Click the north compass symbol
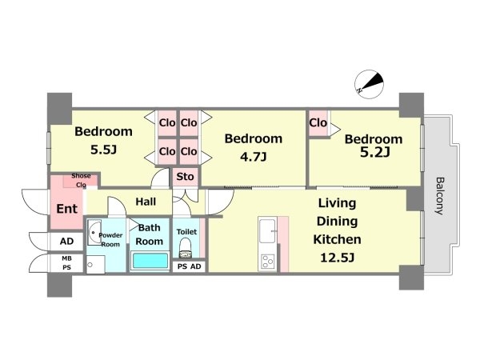tap(369, 84)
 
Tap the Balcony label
tap(440, 196)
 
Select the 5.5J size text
tap(103, 150)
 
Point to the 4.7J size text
tap(254, 157)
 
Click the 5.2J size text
tap(374, 152)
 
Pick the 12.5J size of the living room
tap(338, 258)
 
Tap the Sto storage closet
tap(186, 177)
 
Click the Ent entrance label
tap(66, 209)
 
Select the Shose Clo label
tap(81, 180)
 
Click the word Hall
tap(146, 202)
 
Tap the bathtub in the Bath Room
tap(150, 261)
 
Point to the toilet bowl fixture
tap(186, 248)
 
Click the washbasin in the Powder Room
tap(94, 232)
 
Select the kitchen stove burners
tap(267, 262)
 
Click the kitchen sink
tap(267, 231)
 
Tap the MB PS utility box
tap(66, 263)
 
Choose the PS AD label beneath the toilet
tap(189, 266)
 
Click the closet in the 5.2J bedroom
tap(318, 123)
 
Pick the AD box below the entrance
tap(66, 242)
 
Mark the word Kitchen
tap(337, 239)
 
